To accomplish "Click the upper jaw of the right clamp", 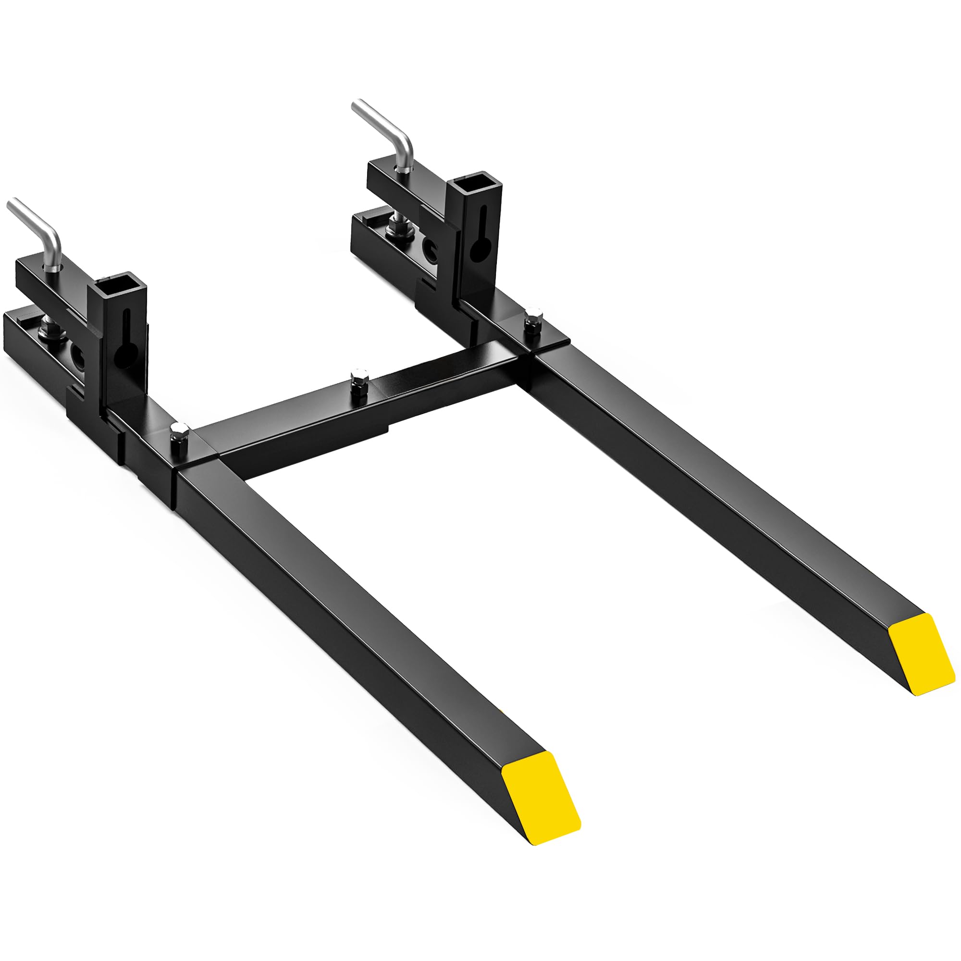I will (x=398, y=186).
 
